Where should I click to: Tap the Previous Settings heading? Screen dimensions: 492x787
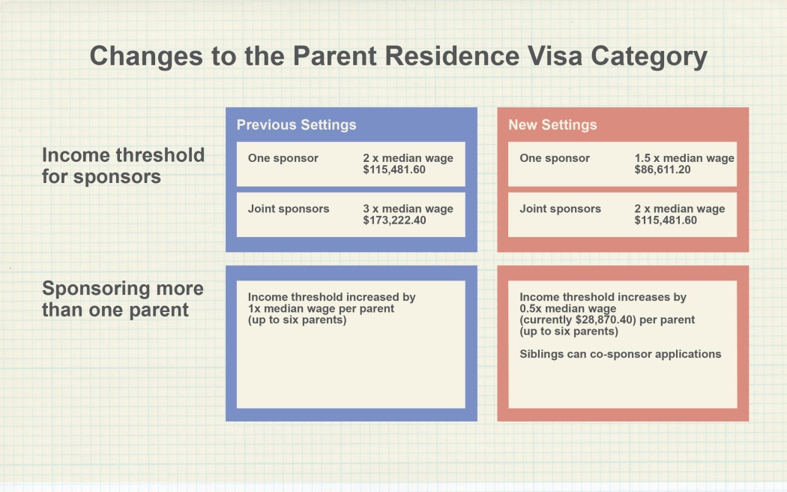296,124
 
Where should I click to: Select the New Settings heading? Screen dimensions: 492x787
552,124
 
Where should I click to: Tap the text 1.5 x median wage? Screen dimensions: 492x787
684,158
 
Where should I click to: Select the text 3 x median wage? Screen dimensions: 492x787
408,208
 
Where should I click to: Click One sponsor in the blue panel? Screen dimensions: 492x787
283,158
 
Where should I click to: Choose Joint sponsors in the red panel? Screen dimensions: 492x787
560,208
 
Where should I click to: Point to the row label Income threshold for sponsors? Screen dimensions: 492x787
123,166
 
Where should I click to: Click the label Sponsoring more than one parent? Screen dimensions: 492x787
122,298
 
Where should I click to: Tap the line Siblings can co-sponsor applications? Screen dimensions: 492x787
621,353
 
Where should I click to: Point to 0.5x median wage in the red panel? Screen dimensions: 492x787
567,308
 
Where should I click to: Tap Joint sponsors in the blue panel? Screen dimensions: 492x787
289,208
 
